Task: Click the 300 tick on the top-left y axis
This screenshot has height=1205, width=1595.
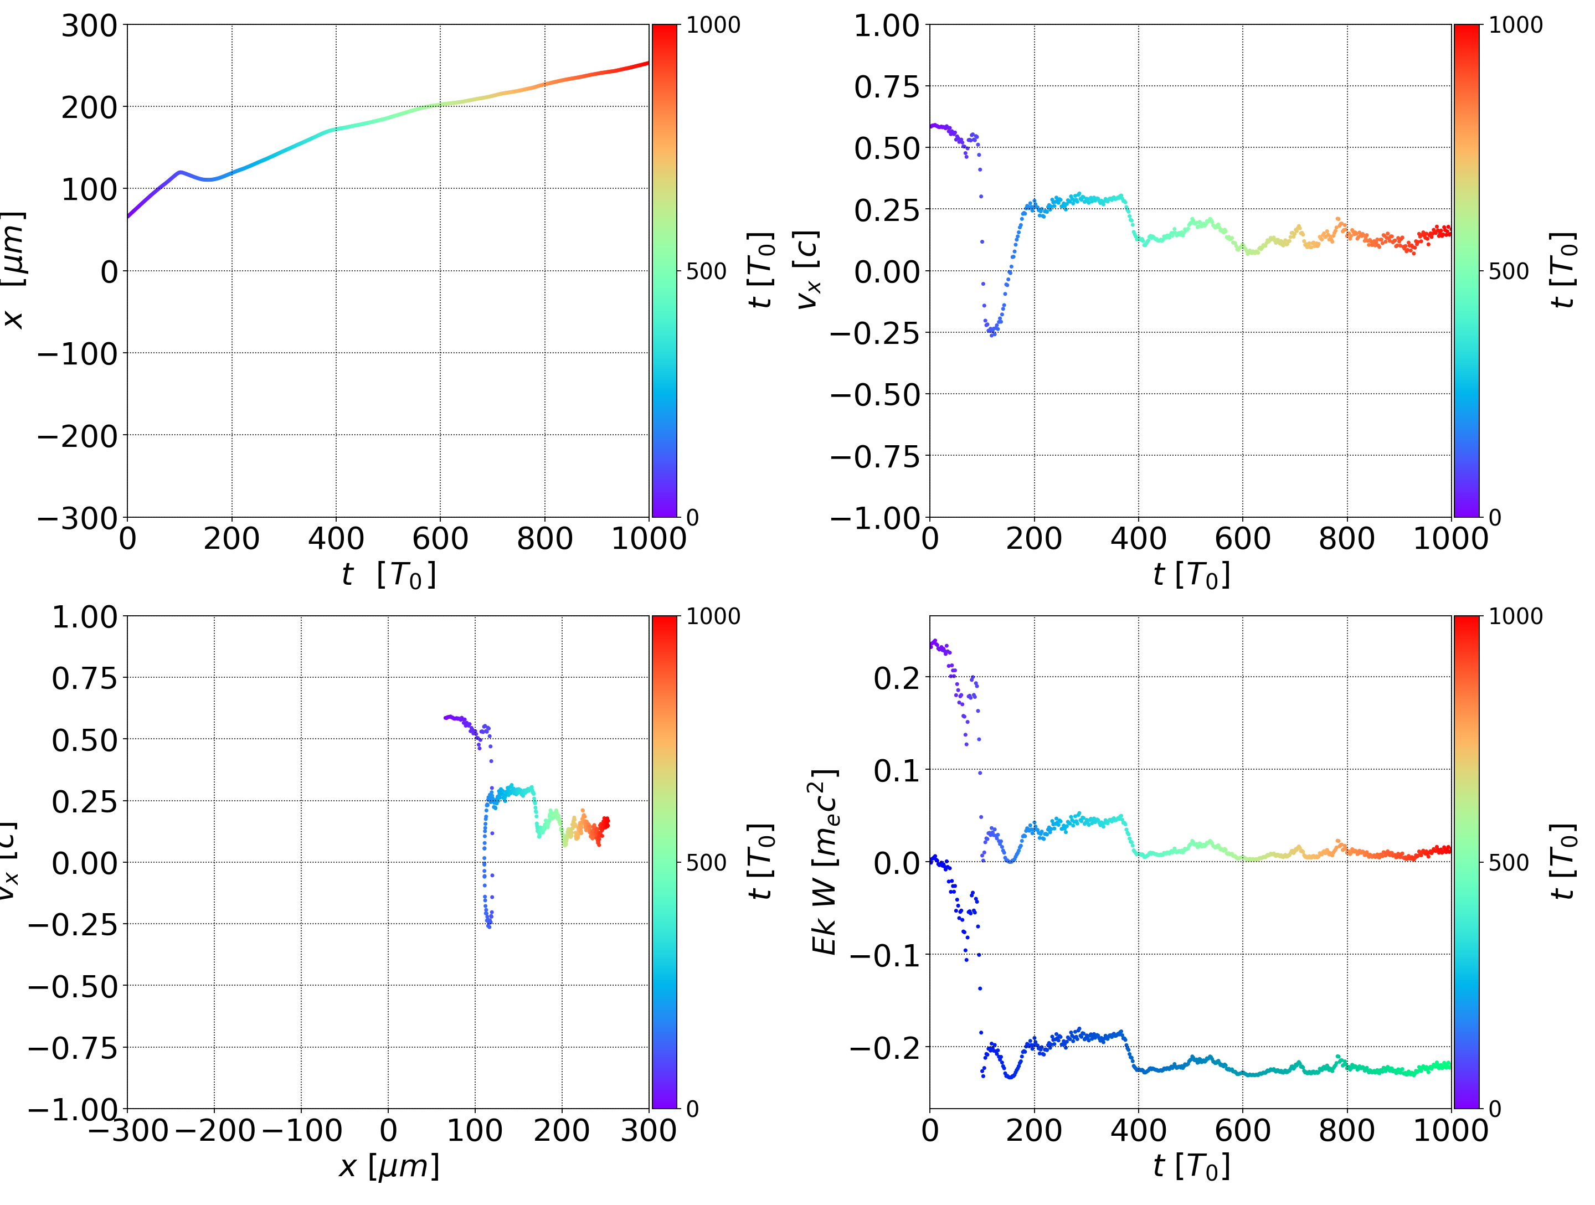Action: (x=89, y=26)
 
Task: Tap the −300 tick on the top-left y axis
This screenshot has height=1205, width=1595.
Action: (x=77, y=518)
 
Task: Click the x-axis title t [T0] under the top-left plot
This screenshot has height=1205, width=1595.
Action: (x=389, y=575)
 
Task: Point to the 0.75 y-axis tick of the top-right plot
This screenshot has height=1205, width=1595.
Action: (x=887, y=87)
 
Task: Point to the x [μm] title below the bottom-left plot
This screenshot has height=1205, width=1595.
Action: (x=389, y=1166)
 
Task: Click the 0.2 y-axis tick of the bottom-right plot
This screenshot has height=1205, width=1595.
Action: (x=897, y=678)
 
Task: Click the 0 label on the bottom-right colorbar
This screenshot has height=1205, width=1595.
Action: (x=1495, y=1109)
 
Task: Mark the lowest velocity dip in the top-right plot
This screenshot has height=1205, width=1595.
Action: (x=993, y=334)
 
